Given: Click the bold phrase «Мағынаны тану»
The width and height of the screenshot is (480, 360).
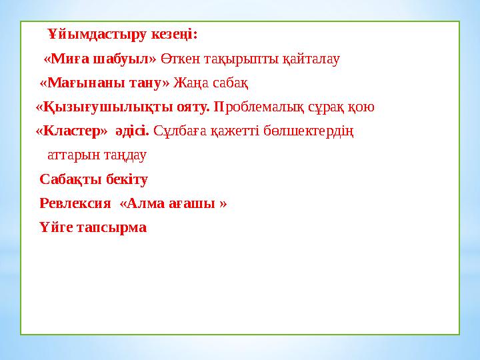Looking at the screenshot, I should [x=105, y=83].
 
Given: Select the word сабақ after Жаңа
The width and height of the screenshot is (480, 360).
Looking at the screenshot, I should [x=231, y=83].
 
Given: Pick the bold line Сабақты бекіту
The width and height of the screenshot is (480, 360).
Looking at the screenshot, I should [x=93, y=179].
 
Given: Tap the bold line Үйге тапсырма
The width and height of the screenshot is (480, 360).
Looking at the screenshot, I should [x=93, y=227].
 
